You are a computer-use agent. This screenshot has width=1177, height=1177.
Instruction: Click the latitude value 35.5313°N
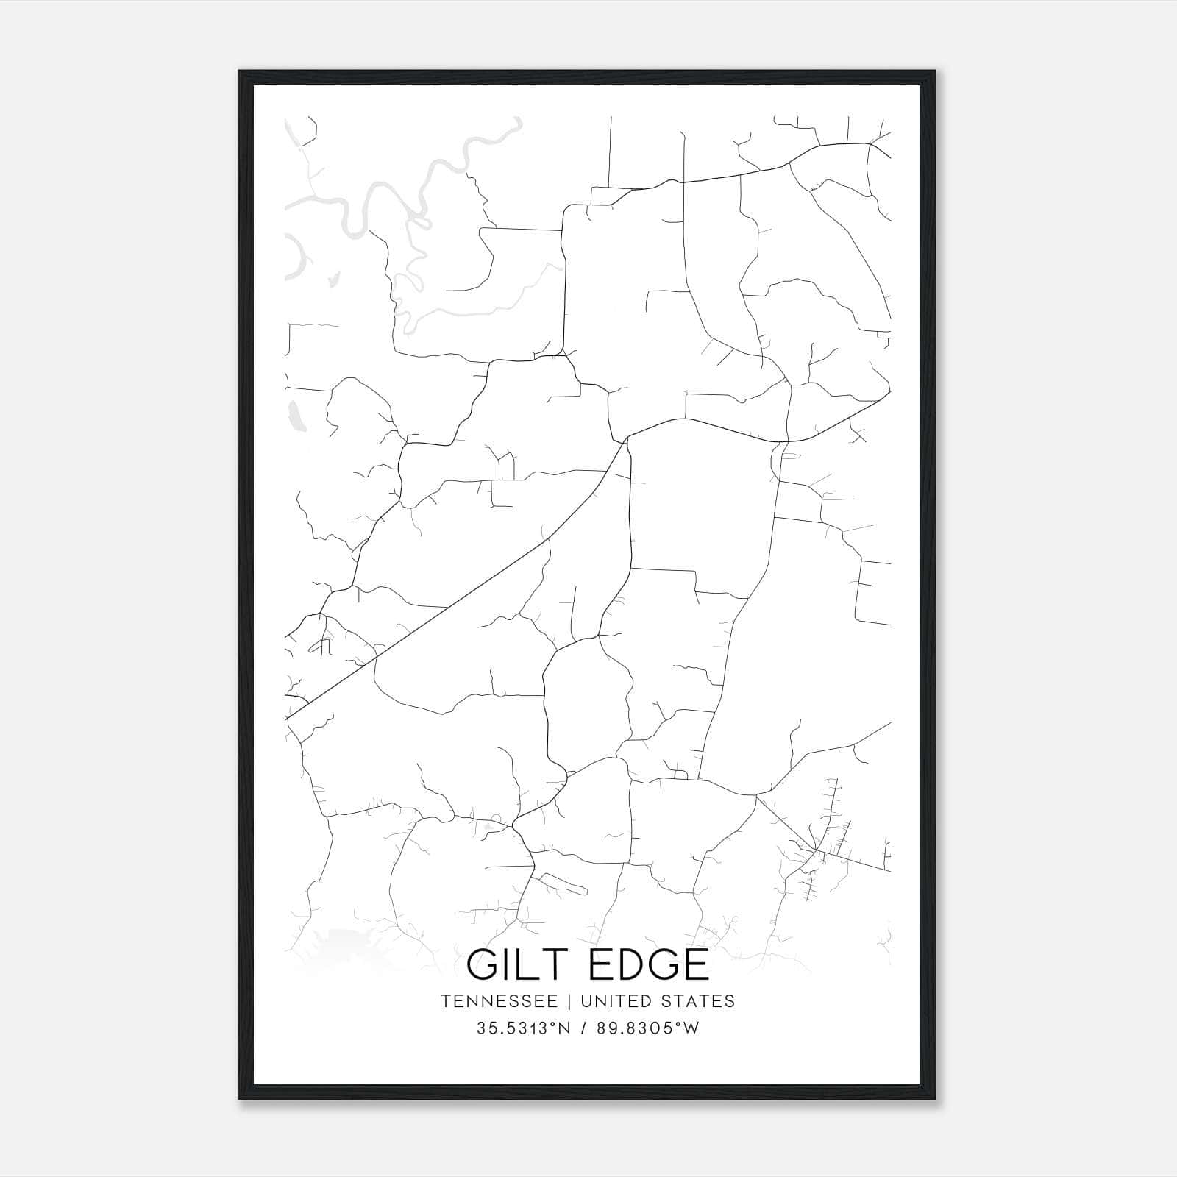click(x=524, y=1028)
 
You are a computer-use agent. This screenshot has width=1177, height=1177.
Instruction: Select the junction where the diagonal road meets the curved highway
click(x=626, y=439)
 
